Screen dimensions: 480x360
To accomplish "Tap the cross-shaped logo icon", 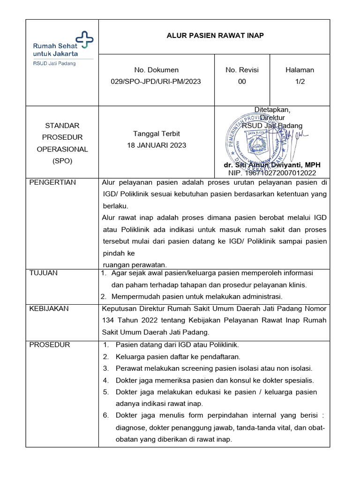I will tap(85, 40).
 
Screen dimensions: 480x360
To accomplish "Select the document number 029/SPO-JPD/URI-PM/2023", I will tap(156, 82).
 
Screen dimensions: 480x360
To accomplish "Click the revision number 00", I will tap(242, 82).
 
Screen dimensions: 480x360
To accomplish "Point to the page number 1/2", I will tap(300, 82).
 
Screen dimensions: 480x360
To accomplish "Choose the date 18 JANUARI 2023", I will tap(156, 145).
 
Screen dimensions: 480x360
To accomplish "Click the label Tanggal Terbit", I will tap(156, 134).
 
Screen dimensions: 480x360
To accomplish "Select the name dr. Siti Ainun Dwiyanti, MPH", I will tap(272, 165).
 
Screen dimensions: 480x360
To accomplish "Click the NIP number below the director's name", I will tap(272, 172).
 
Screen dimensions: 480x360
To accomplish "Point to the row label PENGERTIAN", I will tap(52, 182).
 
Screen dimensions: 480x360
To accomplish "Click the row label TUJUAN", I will tap(44, 273).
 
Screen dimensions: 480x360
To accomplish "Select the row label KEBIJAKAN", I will tap(49, 308).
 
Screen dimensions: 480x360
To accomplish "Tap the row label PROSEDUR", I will tap(50, 345).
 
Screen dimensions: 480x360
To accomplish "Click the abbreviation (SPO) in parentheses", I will tap(62, 161).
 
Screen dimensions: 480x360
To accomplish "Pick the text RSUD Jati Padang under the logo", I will tap(54, 63).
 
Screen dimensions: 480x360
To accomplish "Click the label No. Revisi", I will tap(242, 70).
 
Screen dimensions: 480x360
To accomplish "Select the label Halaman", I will tap(300, 70).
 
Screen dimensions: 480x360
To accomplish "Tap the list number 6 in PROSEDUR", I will tap(106, 415).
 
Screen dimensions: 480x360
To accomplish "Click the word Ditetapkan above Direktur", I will tap(272, 110).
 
